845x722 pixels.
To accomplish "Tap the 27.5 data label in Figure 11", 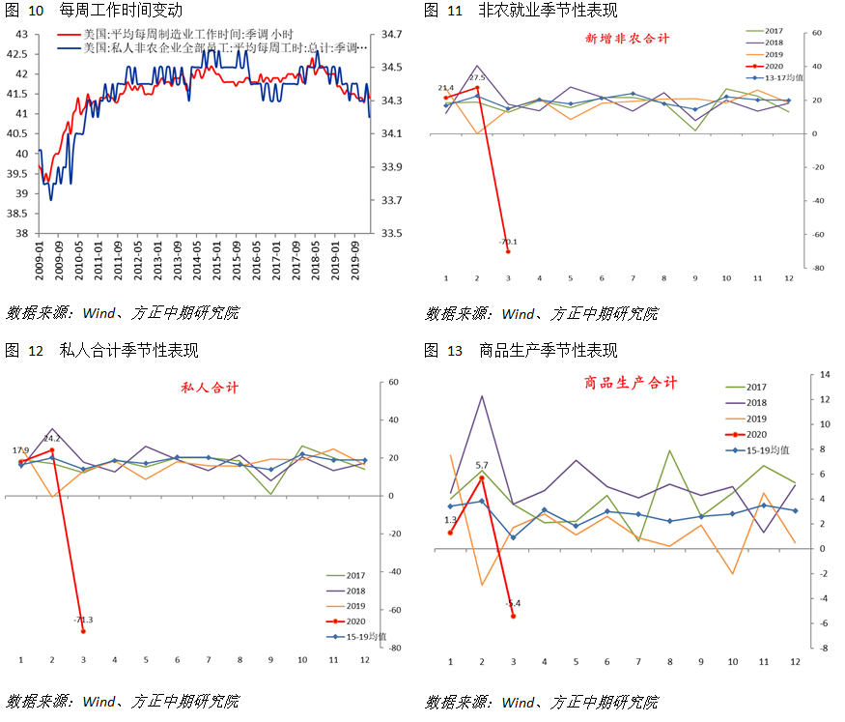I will (x=476, y=77).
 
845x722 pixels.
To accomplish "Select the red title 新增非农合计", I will (x=627, y=40).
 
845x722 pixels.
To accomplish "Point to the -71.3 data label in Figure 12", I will (x=82, y=620).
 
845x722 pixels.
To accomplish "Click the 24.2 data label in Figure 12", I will (x=51, y=440).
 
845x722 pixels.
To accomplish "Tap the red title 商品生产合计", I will (x=631, y=383).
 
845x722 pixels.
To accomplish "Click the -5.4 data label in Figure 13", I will (x=513, y=604).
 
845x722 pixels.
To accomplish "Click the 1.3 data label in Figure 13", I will (x=450, y=521).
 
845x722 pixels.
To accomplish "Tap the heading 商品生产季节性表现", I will (x=548, y=351).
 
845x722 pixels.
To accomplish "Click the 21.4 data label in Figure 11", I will (x=445, y=87).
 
